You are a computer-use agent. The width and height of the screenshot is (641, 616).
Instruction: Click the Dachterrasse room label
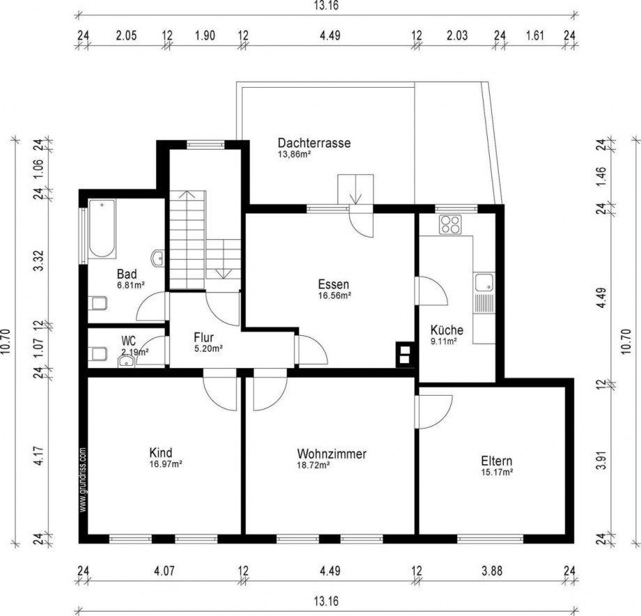pyautogui.click(x=314, y=143)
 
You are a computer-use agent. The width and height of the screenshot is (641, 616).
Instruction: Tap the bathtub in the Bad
pyautogui.click(x=102, y=229)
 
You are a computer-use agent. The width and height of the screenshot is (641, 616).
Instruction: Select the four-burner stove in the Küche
pyautogui.click(x=451, y=224)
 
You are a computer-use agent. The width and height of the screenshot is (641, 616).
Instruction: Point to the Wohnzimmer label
pyautogui.click(x=332, y=454)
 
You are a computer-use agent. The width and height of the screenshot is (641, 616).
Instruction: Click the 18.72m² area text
pyautogui.click(x=314, y=465)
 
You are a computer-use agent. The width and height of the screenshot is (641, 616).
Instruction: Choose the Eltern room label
pyautogui.click(x=496, y=461)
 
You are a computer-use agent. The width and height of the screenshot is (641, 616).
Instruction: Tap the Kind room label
pyautogui.click(x=161, y=453)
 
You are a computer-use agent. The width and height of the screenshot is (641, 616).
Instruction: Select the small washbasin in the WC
pyautogui.click(x=126, y=362)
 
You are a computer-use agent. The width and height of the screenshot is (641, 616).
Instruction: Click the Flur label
pyautogui.click(x=203, y=338)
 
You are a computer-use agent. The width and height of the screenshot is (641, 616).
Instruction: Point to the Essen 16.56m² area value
pyautogui.click(x=335, y=295)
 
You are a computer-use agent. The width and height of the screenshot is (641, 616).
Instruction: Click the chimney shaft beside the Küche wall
pyautogui.click(x=404, y=354)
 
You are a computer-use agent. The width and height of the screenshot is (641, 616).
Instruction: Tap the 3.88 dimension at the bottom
pyautogui.click(x=492, y=570)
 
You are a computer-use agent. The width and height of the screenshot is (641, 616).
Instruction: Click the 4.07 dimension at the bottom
pyautogui.click(x=164, y=570)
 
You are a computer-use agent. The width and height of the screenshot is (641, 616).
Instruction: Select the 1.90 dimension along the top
pyautogui.click(x=205, y=36)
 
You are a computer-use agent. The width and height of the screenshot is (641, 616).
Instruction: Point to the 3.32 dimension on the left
pyautogui.click(x=39, y=261)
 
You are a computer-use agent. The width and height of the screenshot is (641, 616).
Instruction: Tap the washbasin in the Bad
pyautogui.click(x=157, y=259)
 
